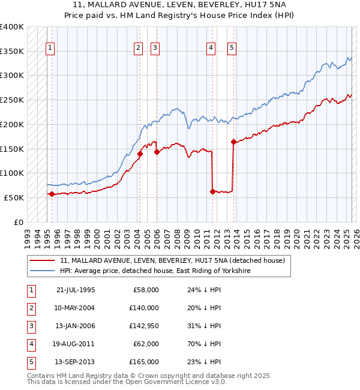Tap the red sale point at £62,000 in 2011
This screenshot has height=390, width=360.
(x=213, y=192)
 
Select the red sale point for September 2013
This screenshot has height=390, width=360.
(x=233, y=142)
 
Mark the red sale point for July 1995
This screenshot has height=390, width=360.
(x=52, y=194)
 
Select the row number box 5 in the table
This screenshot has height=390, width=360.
(x=30, y=362)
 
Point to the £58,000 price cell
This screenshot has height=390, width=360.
(x=146, y=290)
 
